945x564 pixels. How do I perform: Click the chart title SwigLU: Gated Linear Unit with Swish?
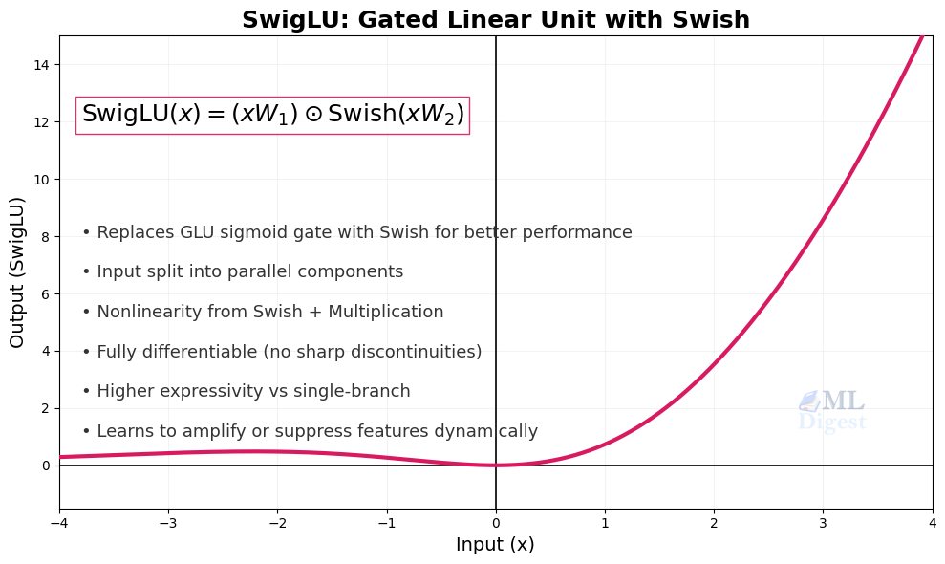(495, 20)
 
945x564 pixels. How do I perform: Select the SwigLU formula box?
(272, 115)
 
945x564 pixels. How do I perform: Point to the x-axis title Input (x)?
(495, 545)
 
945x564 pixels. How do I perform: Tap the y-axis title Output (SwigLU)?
(17, 272)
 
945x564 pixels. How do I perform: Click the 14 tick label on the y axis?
(42, 65)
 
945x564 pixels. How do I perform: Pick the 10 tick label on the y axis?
(42, 180)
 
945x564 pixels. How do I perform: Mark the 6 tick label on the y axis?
(45, 293)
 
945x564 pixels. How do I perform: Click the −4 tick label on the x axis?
(59, 523)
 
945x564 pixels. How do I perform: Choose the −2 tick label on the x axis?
(277, 523)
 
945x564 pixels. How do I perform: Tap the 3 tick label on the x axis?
(823, 523)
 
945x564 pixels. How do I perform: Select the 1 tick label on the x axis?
(605, 523)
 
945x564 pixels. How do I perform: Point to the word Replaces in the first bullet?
(134, 232)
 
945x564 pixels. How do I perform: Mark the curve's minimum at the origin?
(496, 466)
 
